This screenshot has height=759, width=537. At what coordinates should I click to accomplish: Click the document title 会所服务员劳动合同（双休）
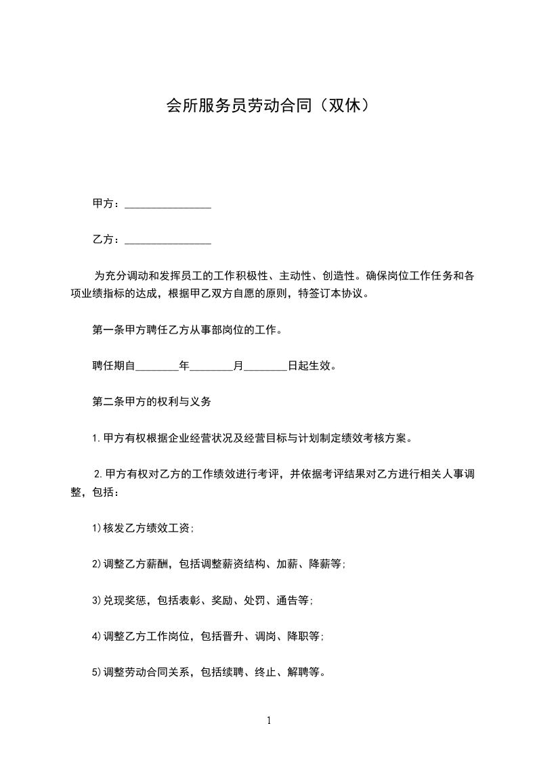[x=268, y=106]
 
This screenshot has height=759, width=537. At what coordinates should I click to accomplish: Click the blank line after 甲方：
[x=168, y=204]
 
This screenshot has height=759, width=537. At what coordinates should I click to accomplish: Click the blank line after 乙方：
[x=168, y=240]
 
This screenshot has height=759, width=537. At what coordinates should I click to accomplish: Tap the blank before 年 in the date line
[x=157, y=367]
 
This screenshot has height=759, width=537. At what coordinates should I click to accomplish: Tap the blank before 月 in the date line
[x=211, y=367]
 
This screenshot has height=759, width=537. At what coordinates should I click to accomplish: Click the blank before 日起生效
[x=265, y=367]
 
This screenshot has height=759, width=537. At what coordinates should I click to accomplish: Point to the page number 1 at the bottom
[x=269, y=720]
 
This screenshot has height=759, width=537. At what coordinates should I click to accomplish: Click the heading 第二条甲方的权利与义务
[x=152, y=402]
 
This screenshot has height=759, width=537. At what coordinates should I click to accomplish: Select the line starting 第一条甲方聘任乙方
[x=186, y=331]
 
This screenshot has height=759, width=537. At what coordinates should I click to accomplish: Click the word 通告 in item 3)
[x=286, y=601]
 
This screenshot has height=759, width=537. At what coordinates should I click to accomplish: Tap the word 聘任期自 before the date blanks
[x=114, y=367]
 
